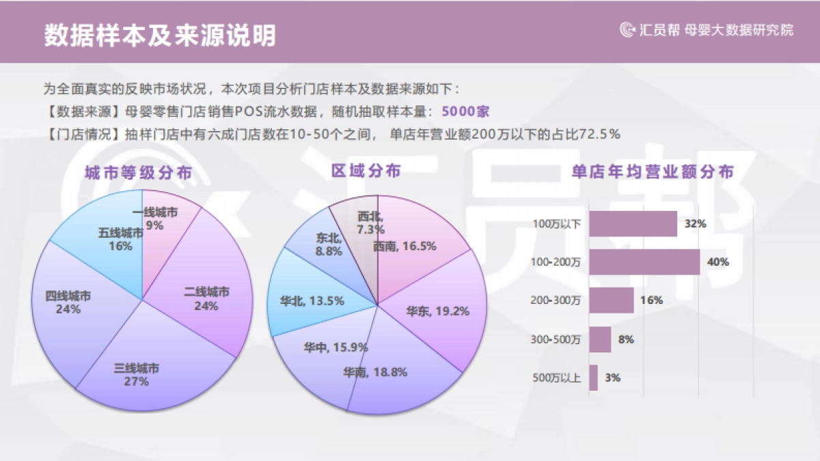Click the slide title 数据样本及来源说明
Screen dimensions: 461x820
point(160,36)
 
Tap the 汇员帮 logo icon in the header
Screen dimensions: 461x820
point(627,29)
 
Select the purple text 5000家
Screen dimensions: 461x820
point(465,111)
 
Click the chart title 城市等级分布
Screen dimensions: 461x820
point(138,173)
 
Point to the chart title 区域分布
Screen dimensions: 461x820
point(366,171)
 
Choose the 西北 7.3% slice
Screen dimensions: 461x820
point(355,229)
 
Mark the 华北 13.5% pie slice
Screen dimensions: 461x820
point(301,301)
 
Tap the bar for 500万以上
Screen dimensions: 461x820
point(593,378)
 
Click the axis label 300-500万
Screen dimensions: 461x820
point(556,339)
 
